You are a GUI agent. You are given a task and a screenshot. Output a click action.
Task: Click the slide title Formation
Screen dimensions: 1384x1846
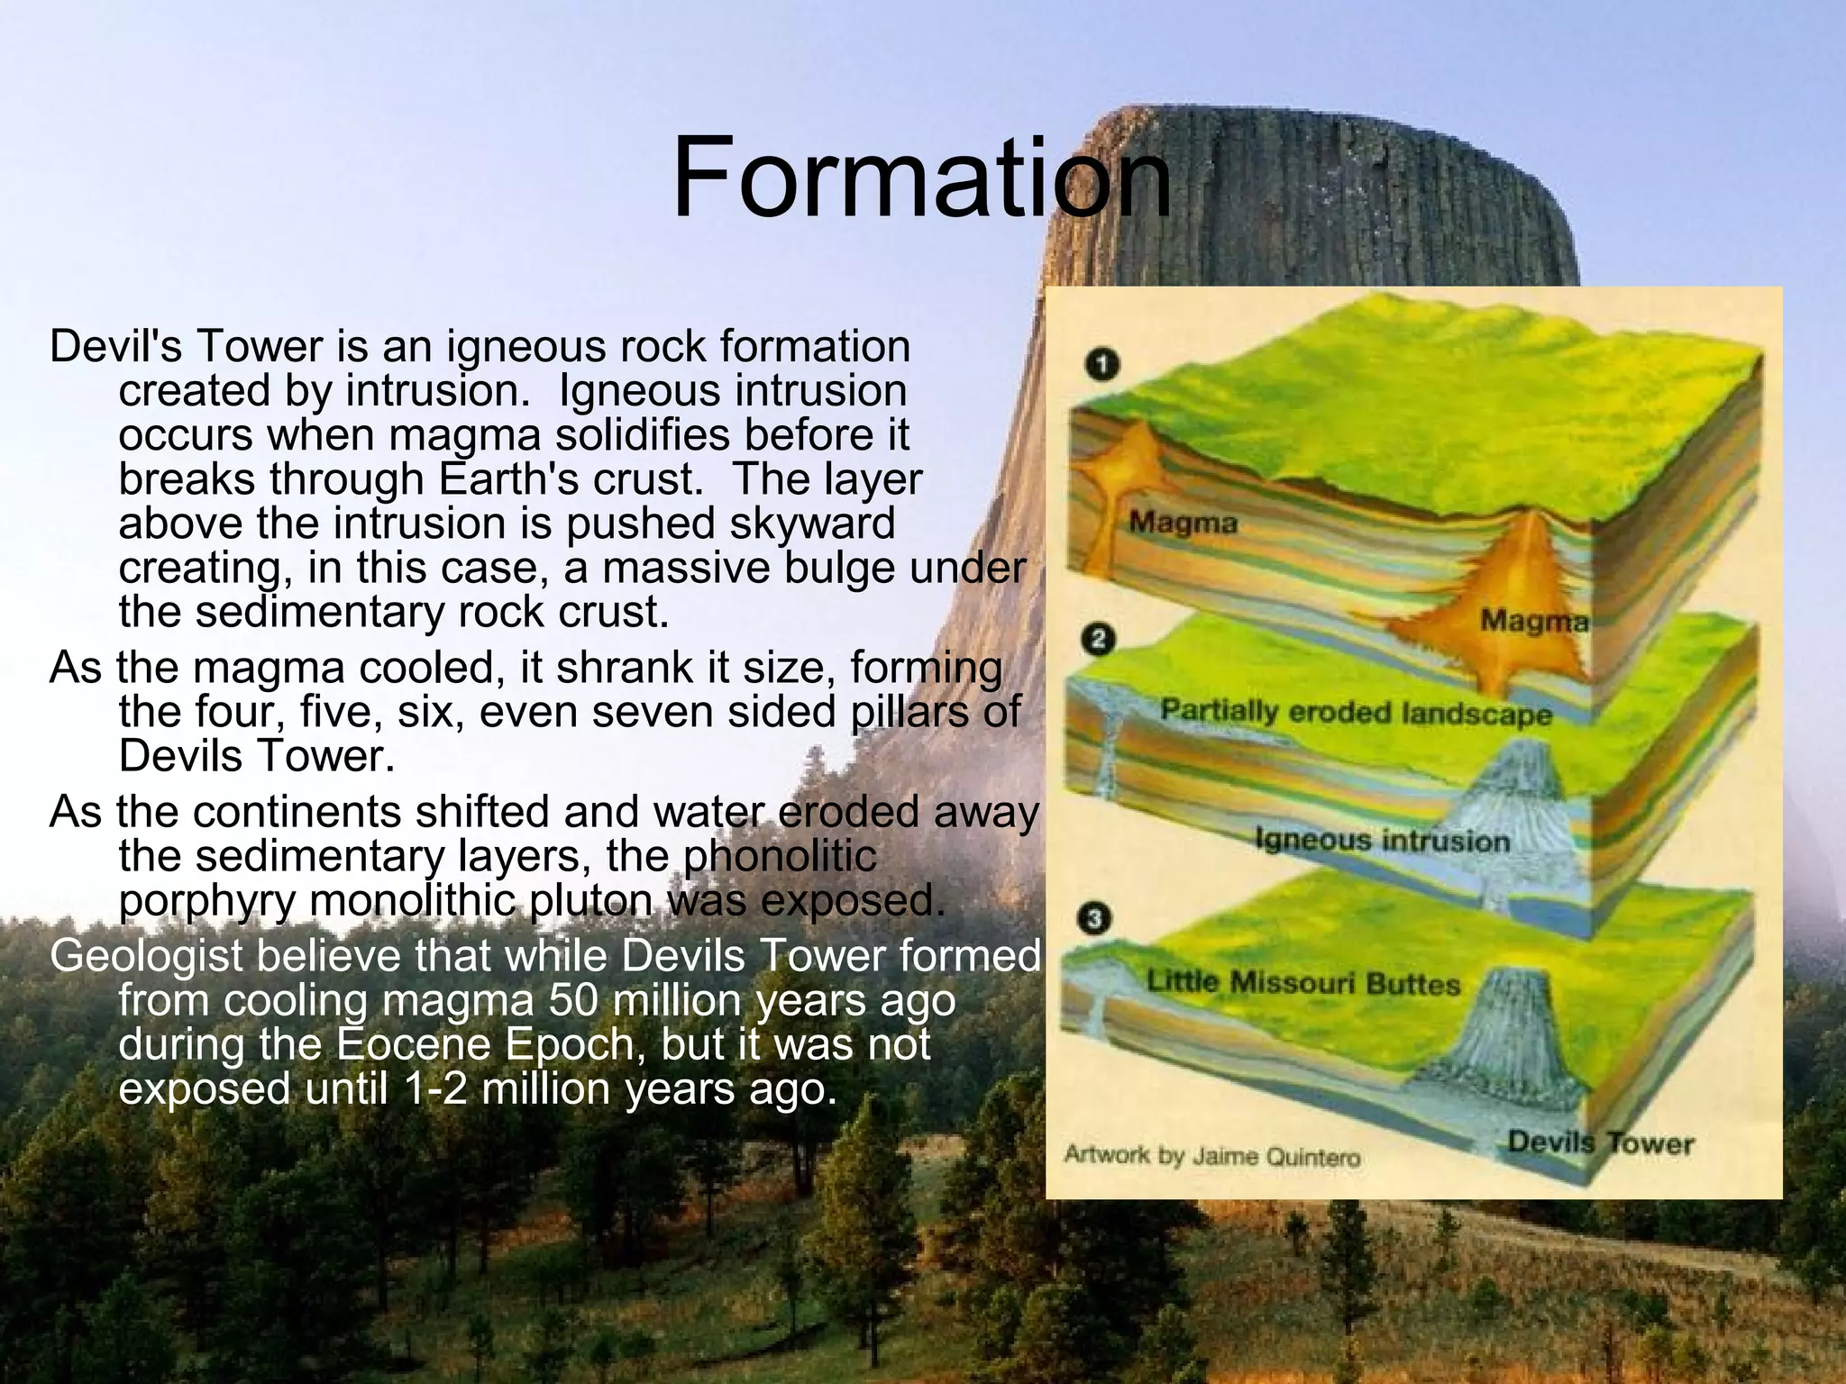click(921, 178)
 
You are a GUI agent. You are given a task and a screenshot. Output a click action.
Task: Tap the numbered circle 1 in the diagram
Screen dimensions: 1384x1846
click(1101, 365)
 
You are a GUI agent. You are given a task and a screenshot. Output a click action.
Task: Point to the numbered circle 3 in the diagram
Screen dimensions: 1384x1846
click(1094, 919)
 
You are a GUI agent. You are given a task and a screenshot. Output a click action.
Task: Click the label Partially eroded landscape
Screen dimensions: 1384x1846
click(1356, 712)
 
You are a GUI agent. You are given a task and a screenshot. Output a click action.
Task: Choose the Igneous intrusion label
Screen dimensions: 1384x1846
click(1382, 841)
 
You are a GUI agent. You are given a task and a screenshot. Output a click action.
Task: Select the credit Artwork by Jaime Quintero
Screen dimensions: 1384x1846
click(1211, 1156)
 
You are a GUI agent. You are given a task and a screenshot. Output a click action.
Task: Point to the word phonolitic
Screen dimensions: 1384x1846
click(780, 856)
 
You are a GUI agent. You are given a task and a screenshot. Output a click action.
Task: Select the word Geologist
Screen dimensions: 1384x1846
click(145, 957)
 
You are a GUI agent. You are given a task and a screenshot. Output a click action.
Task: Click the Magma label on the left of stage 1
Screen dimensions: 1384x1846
click(1183, 523)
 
